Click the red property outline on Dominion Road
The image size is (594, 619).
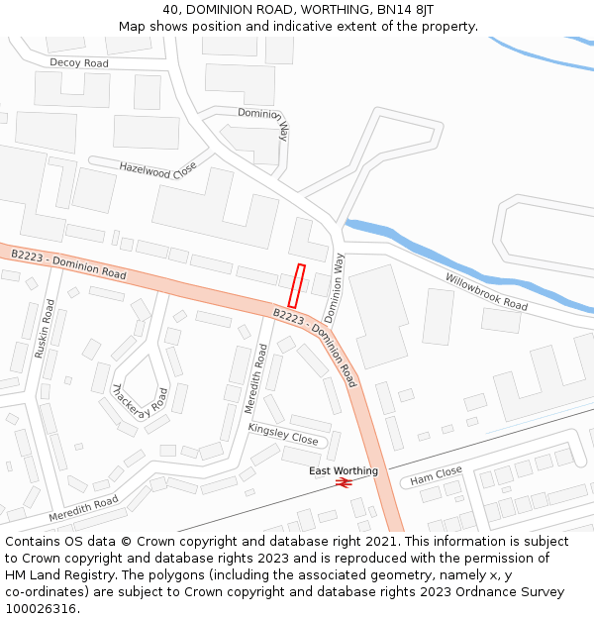(295, 285)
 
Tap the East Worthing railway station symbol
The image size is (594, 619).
(344, 483)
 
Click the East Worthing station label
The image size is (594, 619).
(344, 470)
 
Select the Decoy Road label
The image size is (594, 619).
(79, 62)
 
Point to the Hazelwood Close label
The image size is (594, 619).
(158, 170)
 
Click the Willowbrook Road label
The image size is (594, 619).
(486, 291)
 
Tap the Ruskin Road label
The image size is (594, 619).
(46, 331)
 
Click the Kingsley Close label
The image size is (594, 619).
(283, 434)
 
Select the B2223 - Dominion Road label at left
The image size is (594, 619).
(69, 263)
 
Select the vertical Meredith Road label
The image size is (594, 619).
(256, 378)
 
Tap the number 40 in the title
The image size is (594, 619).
(171, 10)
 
